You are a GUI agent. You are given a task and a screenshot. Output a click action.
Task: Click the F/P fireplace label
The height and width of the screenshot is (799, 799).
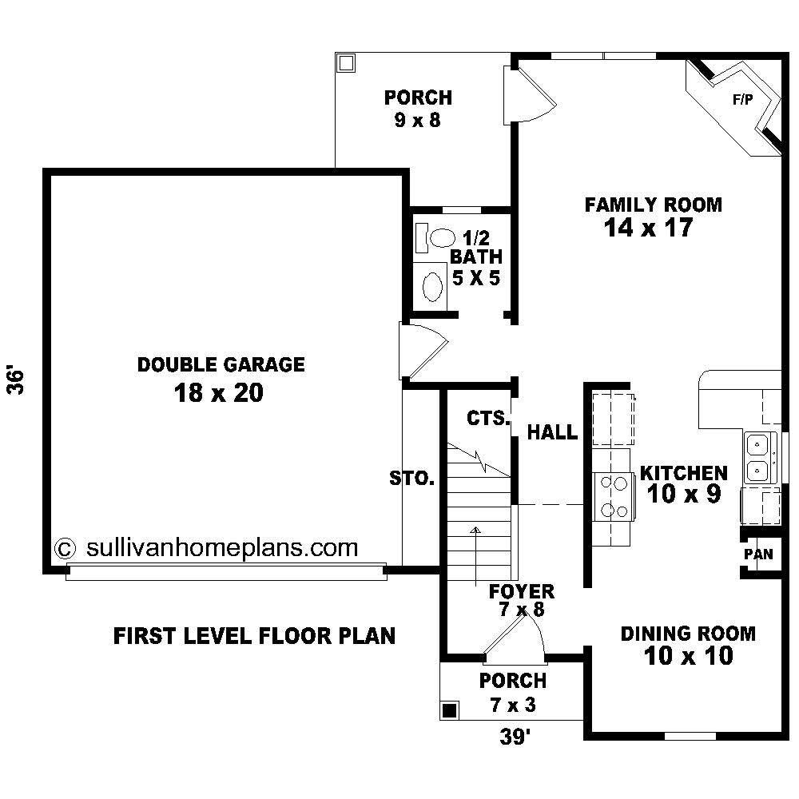point(742,99)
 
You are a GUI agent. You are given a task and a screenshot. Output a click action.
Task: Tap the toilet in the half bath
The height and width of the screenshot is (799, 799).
point(436,238)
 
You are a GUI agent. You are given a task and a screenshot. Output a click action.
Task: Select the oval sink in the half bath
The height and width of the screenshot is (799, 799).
point(432,287)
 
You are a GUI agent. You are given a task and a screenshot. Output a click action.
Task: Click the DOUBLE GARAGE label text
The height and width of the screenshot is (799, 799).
point(221,364)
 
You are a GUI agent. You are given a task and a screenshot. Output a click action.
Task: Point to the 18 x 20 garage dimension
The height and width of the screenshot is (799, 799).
point(219,393)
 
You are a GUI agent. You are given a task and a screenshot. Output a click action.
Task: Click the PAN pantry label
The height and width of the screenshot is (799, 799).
point(758,554)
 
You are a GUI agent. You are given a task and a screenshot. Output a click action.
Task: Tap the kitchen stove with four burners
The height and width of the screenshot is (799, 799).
point(614,496)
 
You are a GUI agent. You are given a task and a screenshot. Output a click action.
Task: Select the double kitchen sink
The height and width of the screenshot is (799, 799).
point(760,458)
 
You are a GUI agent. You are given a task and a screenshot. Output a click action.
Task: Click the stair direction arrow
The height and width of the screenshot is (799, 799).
point(476,556)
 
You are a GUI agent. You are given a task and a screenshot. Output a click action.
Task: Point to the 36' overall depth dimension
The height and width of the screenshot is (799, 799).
point(16,379)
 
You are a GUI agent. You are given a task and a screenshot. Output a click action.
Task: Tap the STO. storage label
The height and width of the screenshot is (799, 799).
point(411,479)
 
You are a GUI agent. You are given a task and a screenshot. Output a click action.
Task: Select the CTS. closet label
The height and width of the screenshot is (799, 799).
point(488,418)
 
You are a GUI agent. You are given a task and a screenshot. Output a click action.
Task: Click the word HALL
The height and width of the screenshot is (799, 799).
point(552,432)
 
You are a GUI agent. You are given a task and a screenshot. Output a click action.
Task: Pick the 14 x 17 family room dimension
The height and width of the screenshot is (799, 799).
point(649,227)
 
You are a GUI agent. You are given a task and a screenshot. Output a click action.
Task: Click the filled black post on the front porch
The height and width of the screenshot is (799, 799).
point(449,710)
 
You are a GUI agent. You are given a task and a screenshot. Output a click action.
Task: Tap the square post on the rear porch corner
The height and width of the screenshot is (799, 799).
point(346,63)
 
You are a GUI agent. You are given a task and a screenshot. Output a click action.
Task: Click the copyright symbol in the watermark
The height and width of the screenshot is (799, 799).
point(65,549)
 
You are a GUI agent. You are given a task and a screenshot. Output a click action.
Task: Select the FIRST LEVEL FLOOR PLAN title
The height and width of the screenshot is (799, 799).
point(254,636)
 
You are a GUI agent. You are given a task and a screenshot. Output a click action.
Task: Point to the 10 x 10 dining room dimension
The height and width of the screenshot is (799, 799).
point(689,656)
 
